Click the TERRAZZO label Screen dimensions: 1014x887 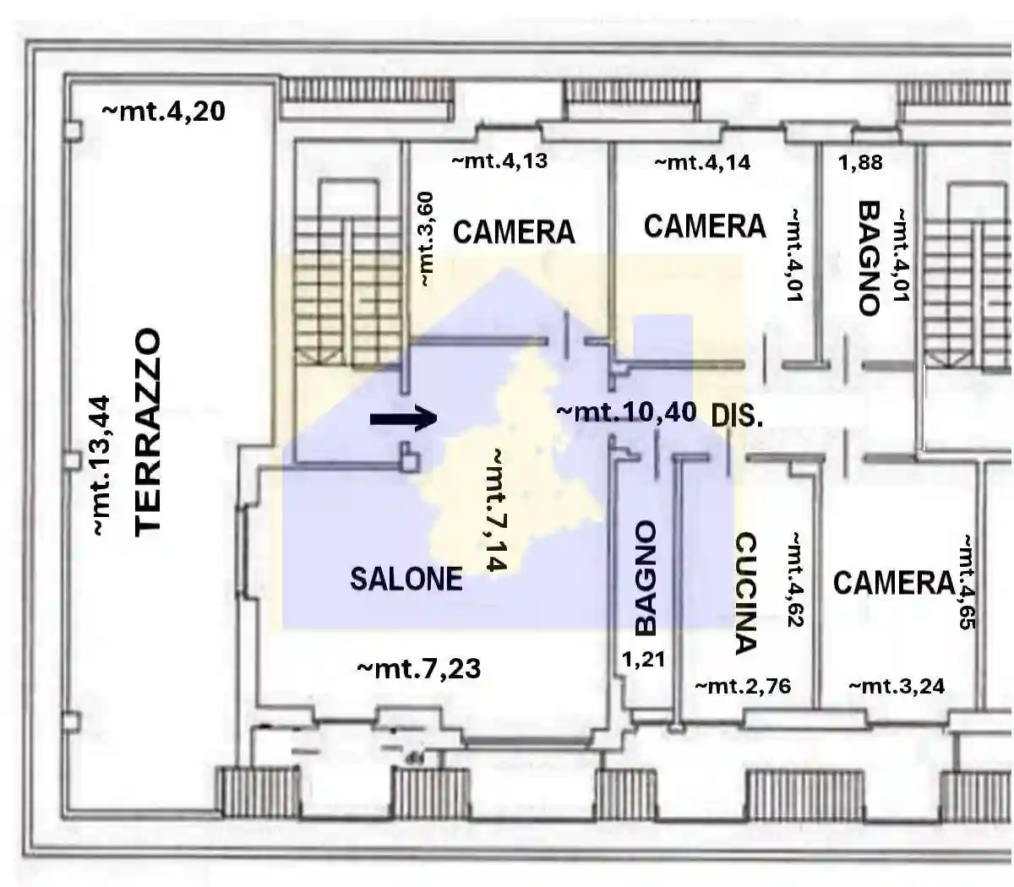(148, 432)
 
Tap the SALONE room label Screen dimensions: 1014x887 (406, 579)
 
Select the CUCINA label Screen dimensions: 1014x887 (745, 593)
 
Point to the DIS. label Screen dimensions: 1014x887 (737, 415)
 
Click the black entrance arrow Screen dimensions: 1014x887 (403, 419)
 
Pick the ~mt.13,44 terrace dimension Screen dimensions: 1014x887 (101, 465)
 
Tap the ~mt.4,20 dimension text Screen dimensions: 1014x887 (164, 112)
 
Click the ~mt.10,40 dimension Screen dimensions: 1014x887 (626, 412)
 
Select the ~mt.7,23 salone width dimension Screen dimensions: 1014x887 (419, 669)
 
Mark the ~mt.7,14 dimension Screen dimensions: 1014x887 (497, 510)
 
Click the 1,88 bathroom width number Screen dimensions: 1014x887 (860, 162)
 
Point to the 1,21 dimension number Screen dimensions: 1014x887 (643, 659)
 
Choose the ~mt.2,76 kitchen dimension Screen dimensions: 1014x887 (744, 686)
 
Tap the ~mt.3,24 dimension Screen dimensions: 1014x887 (897, 687)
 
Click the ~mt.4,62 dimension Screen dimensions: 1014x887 (795, 580)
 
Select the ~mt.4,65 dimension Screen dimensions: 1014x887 (967, 582)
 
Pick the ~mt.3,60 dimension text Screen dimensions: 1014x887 (426, 239)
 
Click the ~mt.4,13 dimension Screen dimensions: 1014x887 (499, 161)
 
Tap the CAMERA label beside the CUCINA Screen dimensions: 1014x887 (893, 583)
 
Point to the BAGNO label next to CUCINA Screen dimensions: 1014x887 (646, 579)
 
